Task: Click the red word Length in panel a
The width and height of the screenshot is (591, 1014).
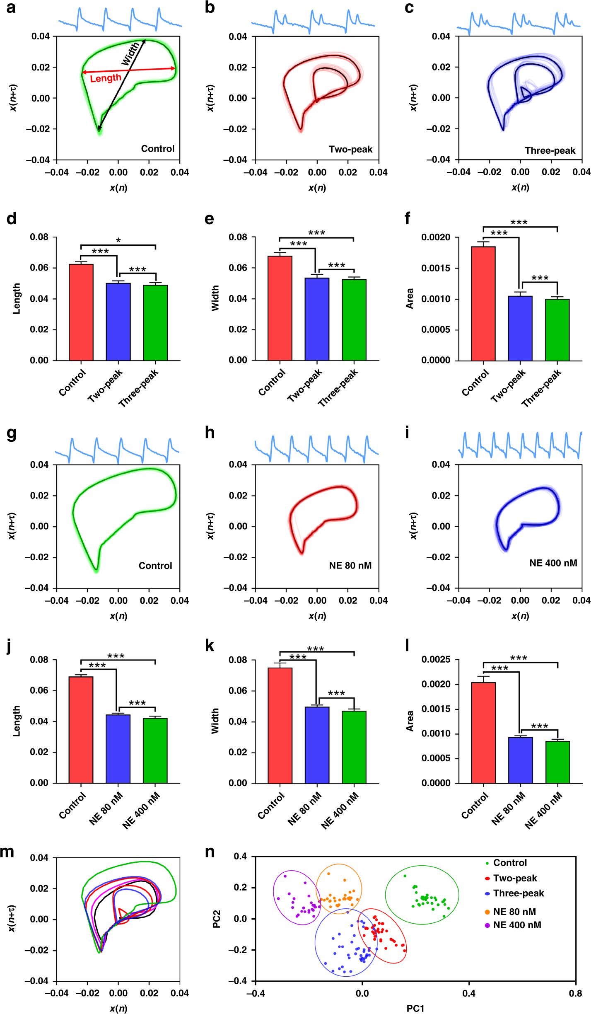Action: tap(106, 78)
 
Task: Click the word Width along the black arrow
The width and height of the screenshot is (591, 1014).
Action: tap(130, 54)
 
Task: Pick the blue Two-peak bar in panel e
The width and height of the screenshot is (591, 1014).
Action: tap(317, 319)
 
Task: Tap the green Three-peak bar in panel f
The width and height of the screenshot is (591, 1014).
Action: tap(557, 329)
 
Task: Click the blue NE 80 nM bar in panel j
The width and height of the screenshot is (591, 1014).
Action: tap(118, 748)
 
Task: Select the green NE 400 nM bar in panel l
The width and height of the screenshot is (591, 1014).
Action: tap(557, 762)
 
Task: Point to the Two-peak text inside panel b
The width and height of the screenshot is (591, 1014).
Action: tap(350, 149)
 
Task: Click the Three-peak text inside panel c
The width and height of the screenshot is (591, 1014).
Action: tap(550, 150)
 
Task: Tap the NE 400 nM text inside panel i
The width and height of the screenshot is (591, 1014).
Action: tap(553, 563)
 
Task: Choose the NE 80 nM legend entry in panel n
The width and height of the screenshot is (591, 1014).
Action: tap(514, 912)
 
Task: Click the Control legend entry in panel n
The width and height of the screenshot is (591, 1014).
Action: tap(510, 863)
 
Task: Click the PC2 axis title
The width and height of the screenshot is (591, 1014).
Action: tap(217, 919)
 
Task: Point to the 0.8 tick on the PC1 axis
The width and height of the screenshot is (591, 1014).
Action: tap(575, 993)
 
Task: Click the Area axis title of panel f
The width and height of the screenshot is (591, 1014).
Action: tap(410, 298)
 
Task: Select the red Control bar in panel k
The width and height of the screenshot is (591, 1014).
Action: tap(280, 725)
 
